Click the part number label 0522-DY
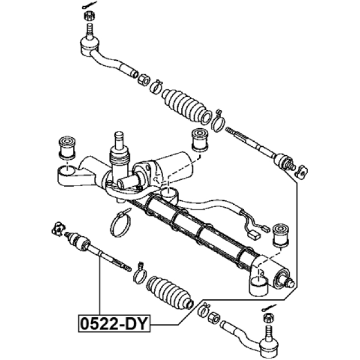coord(114,323)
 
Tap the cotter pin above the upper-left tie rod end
coord(89,5)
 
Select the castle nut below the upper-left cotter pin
coord(88,16)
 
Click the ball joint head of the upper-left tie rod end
coord(89,47)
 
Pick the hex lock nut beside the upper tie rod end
coord(144,79)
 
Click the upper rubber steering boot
coord(186,105)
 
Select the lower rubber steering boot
coord(169,292)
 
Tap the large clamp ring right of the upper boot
coord(218,123)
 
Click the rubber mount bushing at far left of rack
coord(67,148)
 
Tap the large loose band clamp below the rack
coord(120,223)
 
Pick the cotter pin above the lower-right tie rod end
coord(269,308)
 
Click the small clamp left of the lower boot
coord(139,273)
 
